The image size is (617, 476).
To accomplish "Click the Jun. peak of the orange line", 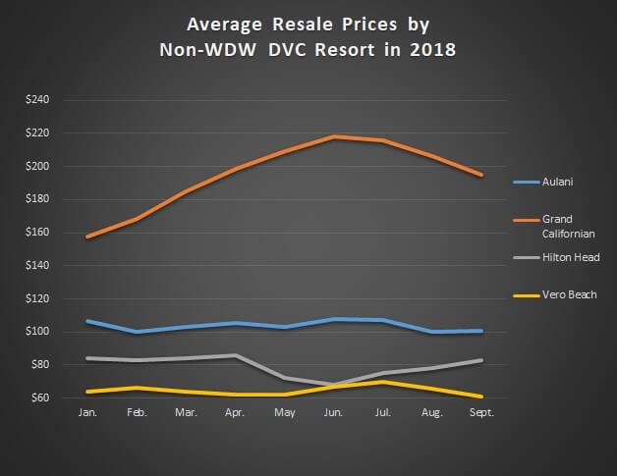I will click(335, 136).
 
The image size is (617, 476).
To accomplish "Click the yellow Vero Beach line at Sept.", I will click(481, 397).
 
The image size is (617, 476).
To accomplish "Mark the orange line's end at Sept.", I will click(481, 175).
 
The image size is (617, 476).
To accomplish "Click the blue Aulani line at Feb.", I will click(138, 332).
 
